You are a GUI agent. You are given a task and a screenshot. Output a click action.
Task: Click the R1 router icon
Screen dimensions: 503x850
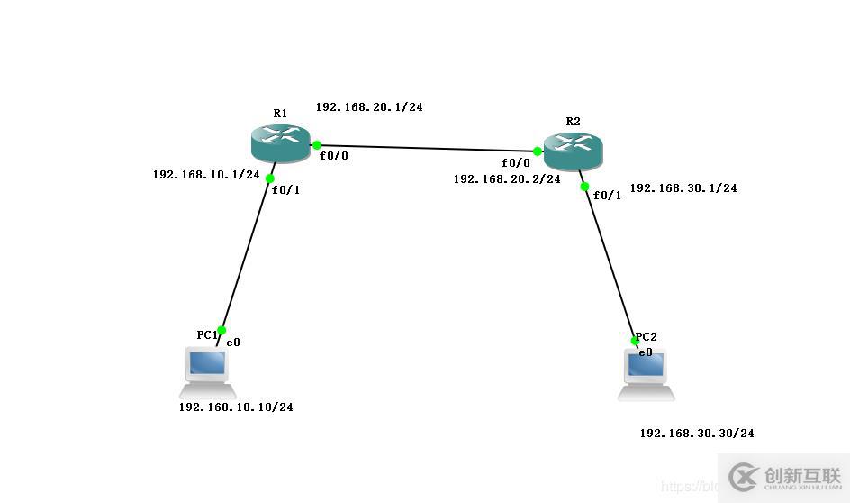click(x=280, y=143)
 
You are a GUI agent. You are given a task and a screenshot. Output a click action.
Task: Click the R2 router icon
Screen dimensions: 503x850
click(x=573, y=149)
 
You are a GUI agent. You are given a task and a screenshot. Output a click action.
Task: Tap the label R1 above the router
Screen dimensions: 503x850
click(x=280, y=114)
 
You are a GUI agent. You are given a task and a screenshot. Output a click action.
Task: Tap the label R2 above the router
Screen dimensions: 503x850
click(x=574, y=121)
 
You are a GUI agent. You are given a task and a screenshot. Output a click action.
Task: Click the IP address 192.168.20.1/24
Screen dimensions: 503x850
click(x=369, y=106)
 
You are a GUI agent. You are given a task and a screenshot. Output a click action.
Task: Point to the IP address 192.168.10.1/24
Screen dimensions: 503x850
click(x=206, y=175)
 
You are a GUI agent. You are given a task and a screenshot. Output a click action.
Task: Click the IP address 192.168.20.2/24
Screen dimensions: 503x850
click(x=507, y=178)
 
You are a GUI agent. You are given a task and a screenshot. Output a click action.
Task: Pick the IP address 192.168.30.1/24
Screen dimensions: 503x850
click(x=683, y=188)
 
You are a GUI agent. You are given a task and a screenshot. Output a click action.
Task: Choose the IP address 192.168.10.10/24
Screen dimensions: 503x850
click(x=236, y=407)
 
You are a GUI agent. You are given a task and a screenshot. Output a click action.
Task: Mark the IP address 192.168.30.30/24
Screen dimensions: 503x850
click(x=697, y=433)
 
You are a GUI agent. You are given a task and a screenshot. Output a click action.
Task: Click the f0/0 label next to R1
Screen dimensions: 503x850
click(x=333, y=155)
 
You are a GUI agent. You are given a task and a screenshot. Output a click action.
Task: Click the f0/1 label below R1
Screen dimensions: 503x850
click(x=287, y=190)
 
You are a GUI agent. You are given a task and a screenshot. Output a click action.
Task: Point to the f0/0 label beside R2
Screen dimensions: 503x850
click(x=516, y=163)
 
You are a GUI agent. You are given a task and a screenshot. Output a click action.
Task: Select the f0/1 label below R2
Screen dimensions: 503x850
click(x=608, y=196)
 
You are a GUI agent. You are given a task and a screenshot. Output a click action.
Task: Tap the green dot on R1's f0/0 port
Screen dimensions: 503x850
click(x=317, y=144)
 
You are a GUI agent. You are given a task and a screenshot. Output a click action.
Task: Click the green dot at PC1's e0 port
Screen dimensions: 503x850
click(x=222, y=330)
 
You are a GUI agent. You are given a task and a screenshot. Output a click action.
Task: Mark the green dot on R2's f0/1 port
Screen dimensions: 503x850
click(x=584, y=187)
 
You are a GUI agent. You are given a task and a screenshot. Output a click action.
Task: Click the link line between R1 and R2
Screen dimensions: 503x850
click(x=428, y=148)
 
